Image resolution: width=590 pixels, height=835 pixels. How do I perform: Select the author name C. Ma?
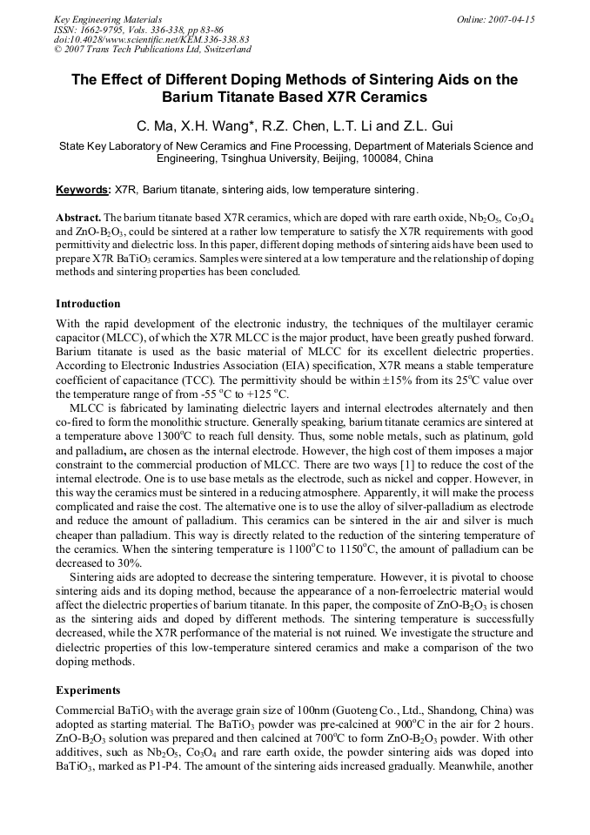click(x=154, y=125)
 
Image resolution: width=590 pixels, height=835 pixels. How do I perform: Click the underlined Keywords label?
click(x=83, y=190)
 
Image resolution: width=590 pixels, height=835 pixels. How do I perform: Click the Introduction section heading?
click(x=88, y=304)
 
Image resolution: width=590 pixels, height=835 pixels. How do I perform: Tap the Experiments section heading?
click(x=88, y=690)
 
